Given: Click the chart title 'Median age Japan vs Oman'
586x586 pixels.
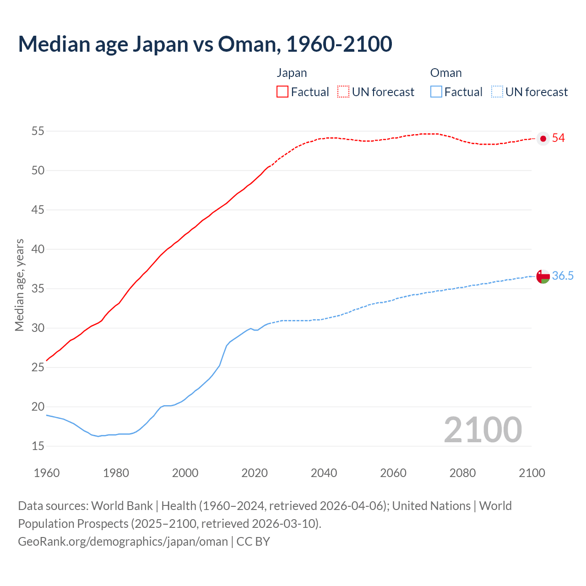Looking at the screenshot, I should (x=205, y=44).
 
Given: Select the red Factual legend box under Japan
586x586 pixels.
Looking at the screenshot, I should (x=282, y=92).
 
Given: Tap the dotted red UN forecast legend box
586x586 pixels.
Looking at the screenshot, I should (x=343, y=92).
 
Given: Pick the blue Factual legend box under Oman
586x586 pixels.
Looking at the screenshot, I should (x=436, y=92).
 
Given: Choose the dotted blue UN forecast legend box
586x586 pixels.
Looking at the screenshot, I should (x=497, y=92).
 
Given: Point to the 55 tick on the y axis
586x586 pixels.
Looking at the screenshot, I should (x=38, y=131).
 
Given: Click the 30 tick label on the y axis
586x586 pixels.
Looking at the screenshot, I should (x=38, y=328).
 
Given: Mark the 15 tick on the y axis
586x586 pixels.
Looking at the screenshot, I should (x=38, y=446).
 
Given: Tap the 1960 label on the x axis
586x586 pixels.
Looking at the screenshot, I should (x=47, y=473).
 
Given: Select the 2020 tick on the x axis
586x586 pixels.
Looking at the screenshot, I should (x=255, y=473).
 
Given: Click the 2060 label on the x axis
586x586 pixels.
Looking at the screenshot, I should (x=393, y=473).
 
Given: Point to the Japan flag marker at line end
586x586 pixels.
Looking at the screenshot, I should (x=543, y=139).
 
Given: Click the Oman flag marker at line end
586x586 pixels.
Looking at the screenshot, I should (x=543, y=277).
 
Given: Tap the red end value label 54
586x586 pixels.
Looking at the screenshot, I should (x=559, y=138).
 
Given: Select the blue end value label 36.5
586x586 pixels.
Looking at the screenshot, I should (x=563, y=276).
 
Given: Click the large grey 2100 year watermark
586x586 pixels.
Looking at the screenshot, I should (x=483, y=430).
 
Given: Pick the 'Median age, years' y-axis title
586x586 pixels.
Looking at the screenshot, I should (x=19, y=285).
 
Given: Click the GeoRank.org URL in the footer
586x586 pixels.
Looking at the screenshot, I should (x=123, y=542).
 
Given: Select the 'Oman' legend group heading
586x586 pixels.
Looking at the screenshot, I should (x=446, y=73).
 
